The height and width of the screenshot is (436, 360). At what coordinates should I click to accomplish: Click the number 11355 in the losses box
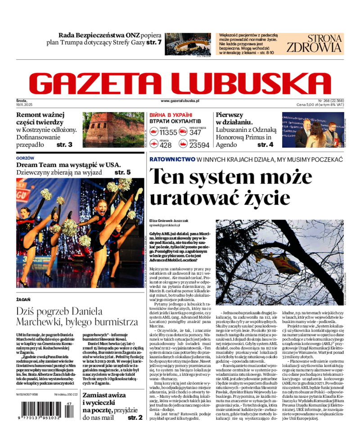coord(168,132)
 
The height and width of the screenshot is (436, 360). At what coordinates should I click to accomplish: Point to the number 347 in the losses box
coord(195,132)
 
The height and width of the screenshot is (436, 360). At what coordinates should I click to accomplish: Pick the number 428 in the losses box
coord(166,145)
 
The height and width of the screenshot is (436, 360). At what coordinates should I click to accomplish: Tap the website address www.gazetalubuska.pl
coord(180,101)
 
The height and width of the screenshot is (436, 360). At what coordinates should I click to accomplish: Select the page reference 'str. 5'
coord(122,172)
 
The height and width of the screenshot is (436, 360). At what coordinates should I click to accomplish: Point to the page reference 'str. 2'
coord(135,418)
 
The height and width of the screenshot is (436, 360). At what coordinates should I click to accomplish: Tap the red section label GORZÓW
coord(25,158)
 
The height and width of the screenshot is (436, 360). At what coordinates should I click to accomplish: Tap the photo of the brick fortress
coord(113,130)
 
